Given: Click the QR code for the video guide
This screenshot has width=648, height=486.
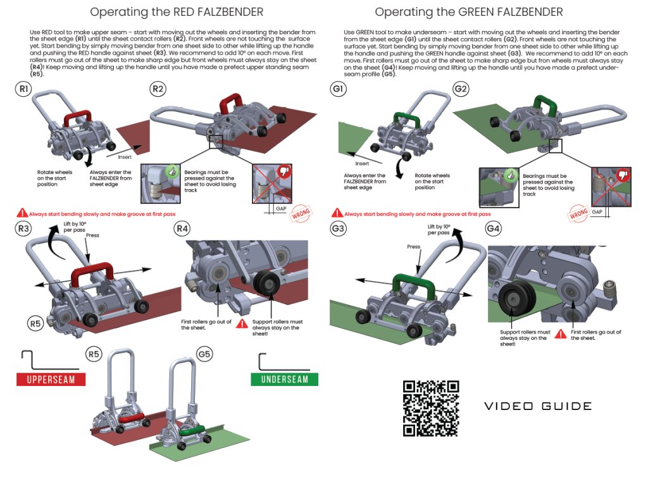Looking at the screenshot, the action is tap(431, 408).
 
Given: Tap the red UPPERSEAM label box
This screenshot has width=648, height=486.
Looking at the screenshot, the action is tap(51, 380).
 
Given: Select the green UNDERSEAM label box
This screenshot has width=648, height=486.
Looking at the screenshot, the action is tap(284, 380).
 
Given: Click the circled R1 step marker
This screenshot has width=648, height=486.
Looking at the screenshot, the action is tap(23, 89).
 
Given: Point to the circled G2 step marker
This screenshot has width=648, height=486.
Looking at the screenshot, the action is tap(461, 89).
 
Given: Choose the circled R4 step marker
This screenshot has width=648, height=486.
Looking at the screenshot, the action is tap(182, 228).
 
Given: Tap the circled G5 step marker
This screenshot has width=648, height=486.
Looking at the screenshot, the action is tap(204, 354).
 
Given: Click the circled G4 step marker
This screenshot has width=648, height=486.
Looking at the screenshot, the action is tap(493, 228).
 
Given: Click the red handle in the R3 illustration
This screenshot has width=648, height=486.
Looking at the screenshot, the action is tap(92, 273).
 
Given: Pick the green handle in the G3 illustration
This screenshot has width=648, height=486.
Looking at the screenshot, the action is tap(414, 285).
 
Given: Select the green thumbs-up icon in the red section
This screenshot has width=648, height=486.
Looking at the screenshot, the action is tap(172, 171).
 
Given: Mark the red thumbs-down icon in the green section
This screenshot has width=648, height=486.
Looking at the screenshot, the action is tap(623, 175).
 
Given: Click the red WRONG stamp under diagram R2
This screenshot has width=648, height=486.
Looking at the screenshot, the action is tap(301, 213).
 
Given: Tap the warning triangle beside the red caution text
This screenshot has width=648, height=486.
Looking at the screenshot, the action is tap(22, 213).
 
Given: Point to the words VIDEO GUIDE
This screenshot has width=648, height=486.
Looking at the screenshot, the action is tap(538, 406).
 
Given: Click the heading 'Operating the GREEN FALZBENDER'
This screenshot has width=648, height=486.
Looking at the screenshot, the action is tap(469, 12).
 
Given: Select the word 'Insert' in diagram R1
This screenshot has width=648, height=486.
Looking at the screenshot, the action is tap(125, 157).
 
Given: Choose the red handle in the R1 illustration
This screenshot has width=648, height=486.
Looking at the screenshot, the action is tap(78, 118).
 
